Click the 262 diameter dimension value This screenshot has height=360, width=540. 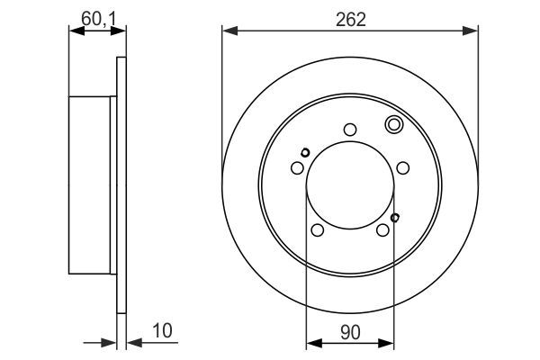[350, 18]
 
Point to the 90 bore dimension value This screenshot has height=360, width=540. [350, 330]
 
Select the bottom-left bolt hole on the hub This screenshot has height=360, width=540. [317, 231]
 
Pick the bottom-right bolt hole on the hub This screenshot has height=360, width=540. [383, 231]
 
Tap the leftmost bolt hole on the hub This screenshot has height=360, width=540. [297, 167]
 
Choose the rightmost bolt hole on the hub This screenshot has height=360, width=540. [404, 167]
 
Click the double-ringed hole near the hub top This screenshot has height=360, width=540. [393, 125]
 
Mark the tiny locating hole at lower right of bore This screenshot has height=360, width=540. [396, 216]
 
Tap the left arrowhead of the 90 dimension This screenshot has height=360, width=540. [312, 343]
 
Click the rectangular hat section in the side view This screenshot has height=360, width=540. [94, 185]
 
